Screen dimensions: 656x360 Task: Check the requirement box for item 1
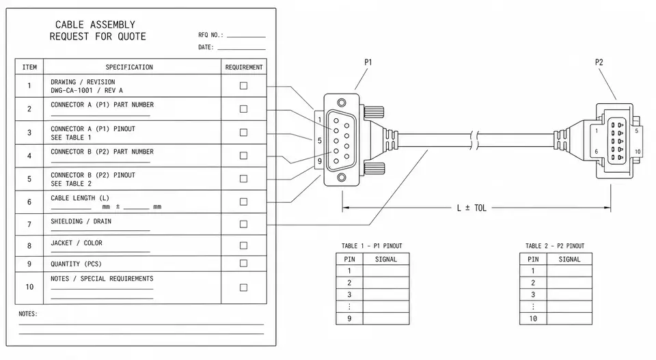[x=243, y=85]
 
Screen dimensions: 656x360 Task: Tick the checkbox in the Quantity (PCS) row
[x=243, y=264]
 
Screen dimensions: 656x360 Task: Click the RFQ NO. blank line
[x=246, y=37]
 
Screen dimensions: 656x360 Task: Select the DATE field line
[x=241, y=49]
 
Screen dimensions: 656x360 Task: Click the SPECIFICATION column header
[x=129, y=67]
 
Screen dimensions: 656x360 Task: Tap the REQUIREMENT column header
[x=244, y=67]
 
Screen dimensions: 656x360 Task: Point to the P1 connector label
[x=368, y=62]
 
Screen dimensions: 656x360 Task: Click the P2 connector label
[x=599, y=62]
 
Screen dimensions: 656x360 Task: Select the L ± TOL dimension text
[x=471, y=208]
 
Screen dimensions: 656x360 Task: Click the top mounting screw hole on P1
[x=342, y=102]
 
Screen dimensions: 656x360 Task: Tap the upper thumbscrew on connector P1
[x=374, y=112]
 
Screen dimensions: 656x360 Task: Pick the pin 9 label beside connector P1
[x=320, y=161]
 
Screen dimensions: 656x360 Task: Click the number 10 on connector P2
[x=638, y=152]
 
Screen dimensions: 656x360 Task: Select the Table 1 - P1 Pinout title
[x=372, y=246]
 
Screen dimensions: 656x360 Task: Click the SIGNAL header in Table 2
[x=569, y=259]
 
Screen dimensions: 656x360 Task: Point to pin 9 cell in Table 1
[x=349, y=318]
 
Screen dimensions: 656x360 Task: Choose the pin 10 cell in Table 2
[x=533, y=318]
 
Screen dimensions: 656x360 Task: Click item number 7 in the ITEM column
[x=29, y=225]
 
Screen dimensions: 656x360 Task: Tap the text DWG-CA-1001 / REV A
[x=87, y=90]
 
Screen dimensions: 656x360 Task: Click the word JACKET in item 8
[x=61, y=243]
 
